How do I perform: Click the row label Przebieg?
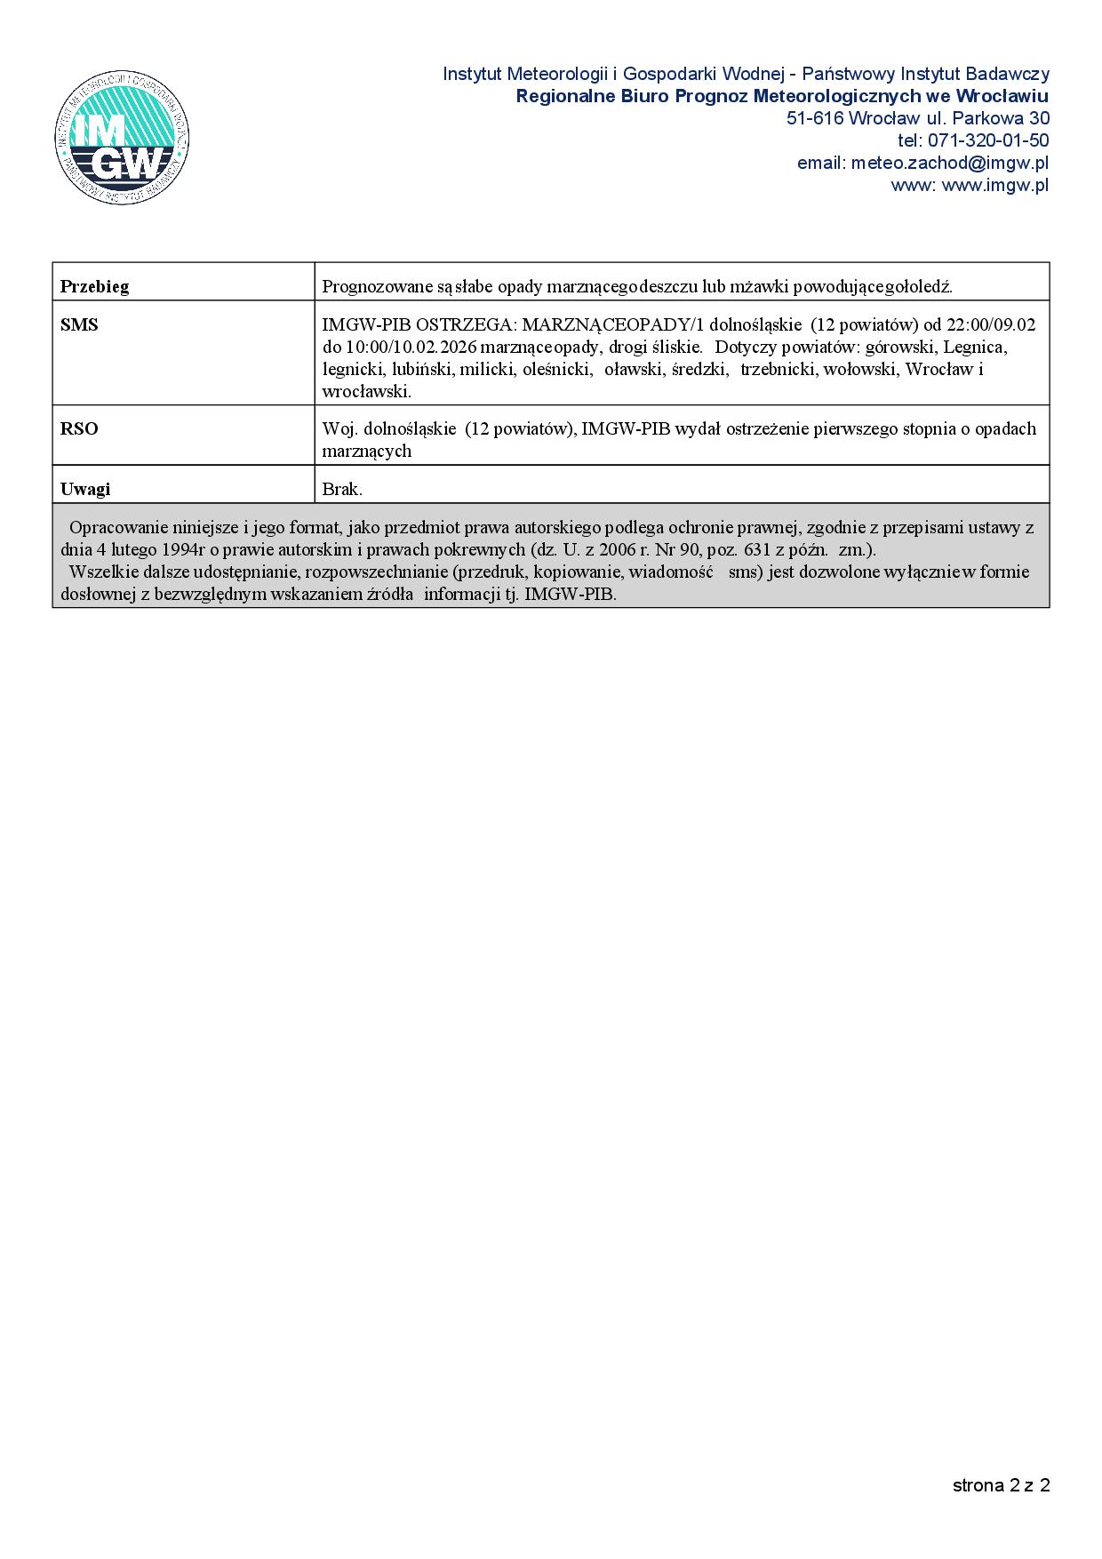pos(94,286)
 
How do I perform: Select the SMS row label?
pos(79,325)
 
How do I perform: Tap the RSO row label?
pos(79,429)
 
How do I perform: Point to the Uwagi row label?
pos(85,489)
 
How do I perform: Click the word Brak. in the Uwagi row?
pos(342,489)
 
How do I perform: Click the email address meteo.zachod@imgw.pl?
pos(949,163)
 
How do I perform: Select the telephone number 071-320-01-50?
pos(987,140)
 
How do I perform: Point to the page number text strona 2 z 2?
pos(1001,1485)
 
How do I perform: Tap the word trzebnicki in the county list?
pos(778,369)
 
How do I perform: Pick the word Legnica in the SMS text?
pos(975,348)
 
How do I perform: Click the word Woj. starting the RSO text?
pos(339,429)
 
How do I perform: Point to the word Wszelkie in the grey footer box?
pos(102,572)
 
